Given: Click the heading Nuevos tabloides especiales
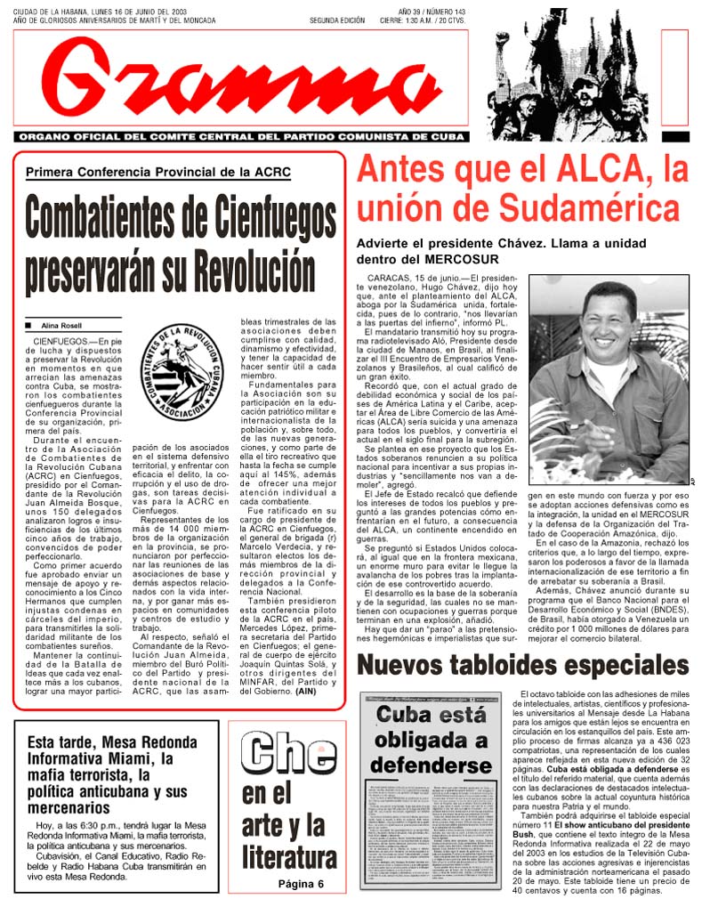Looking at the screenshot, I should point(522,665).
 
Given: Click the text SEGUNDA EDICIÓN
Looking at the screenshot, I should point(337,20).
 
